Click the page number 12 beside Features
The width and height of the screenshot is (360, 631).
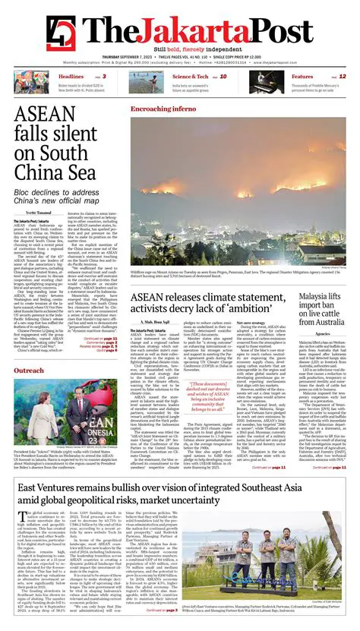(343, 77)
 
